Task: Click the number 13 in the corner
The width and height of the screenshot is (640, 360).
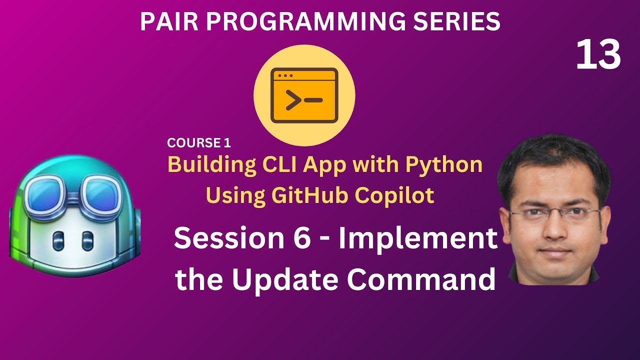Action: coord(598,55)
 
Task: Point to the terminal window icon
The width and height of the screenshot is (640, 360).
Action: coord(304,96)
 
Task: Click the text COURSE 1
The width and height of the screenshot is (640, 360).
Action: coord(199,143)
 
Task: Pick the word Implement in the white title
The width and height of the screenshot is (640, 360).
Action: coord(418,239)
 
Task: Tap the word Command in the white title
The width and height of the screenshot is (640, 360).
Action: coord(422,280)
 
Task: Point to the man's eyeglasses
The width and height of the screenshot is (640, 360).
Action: coord(554,212)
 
